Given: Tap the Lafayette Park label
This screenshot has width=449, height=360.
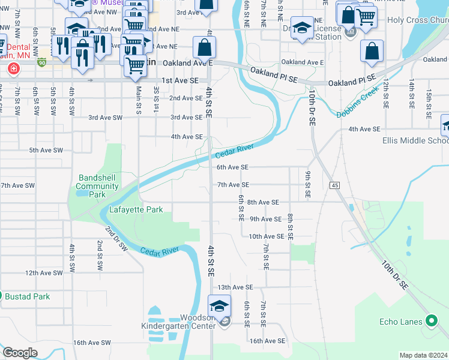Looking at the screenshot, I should (x=136, y=210).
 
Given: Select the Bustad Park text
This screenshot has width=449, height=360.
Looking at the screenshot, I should (x=28, y=296).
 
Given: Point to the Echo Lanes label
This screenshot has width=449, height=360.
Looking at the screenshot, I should (x=401, y=322).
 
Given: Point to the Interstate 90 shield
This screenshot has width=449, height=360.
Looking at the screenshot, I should (x=41, y=62).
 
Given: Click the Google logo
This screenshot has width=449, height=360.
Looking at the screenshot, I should (x=20, y=353).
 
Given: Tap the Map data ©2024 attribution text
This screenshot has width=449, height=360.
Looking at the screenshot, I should (x=423, y=355).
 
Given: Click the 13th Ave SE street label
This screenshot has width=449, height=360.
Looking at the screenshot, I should (x=235, y=287).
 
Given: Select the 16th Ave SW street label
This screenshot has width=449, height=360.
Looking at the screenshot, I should (x=92, y=343).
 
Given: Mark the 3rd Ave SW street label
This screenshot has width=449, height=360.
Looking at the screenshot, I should (x=106, y=118).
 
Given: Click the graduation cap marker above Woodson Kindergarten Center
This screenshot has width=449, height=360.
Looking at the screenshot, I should (x=219, y=305).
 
